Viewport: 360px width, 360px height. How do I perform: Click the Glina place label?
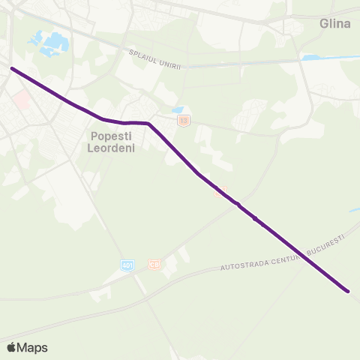coord(334,24)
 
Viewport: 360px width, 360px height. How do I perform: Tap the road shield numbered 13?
coord(184,120)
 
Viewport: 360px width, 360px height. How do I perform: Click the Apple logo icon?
coord(11,347)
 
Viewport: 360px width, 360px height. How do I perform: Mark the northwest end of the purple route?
coord(12,68)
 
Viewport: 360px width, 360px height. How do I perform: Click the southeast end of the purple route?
coord(348,290)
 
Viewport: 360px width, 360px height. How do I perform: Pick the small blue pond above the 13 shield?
coord(178,109)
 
